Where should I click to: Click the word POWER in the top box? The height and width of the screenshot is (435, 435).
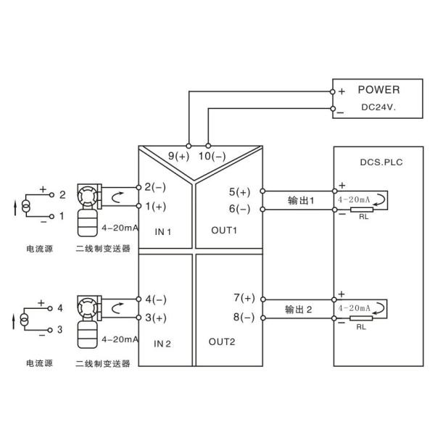[x=378, y=89]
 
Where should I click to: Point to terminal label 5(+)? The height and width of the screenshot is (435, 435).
[x=239, y=192]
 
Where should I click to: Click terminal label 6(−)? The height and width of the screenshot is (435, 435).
[x=239, y=209]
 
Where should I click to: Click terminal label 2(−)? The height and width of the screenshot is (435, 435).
[x=155, y=187]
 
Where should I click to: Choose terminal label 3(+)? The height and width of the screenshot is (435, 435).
[x=155, y=317]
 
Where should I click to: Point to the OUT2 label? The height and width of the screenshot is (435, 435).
[x=220, y=341]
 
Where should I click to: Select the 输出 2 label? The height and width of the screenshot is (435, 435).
[x=300, y=310]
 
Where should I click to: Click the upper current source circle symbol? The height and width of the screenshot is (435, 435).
[x=27, y=207]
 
